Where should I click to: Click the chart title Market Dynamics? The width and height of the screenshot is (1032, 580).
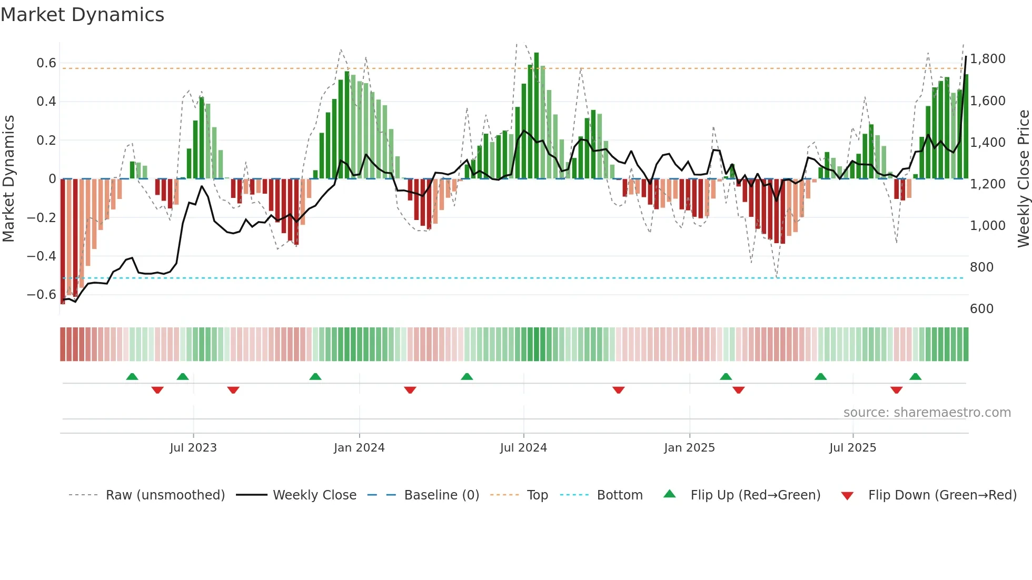tap(82, 15)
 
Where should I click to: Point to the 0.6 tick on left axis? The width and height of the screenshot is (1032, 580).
tap(46, 63)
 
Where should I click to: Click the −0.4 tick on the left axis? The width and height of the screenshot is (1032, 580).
tap(42, 256)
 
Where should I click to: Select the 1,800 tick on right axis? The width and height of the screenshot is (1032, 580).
tap(988, 59)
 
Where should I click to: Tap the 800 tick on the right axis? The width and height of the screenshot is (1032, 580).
tap(981, 267)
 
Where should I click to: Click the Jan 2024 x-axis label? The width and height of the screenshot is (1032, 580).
tap(359, 448)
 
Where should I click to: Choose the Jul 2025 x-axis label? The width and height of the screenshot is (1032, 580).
tap(852, 448)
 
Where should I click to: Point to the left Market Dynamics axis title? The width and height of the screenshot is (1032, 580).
tap(8, 179)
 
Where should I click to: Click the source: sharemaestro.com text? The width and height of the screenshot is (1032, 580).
tap(927, 413)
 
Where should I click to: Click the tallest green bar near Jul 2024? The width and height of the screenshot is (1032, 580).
tap(537, 116)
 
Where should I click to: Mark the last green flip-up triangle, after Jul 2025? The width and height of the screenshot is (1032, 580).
tap(915, 377)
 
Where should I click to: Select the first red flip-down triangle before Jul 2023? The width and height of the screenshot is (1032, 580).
tap(157, 390)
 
